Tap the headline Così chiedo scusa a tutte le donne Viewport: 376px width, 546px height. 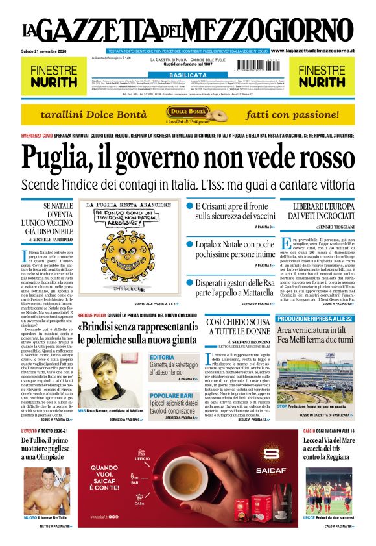point(238,327)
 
